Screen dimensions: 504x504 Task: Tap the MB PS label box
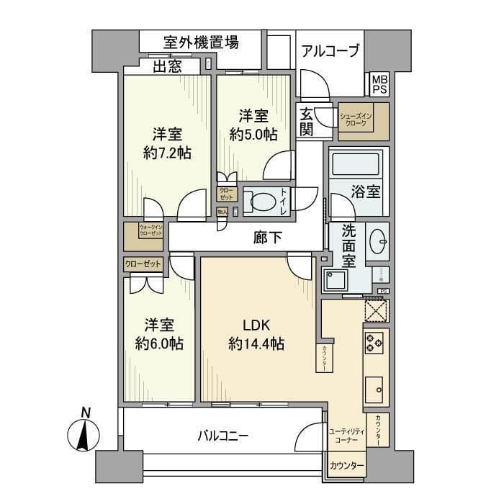pos(379,84)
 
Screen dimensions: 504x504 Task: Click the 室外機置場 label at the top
pos(191,41)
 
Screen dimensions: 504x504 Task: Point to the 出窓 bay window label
pos(166,67)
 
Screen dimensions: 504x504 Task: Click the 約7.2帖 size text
pos(166,153)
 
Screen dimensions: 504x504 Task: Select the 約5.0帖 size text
pos(253,134)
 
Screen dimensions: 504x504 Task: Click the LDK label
pos(256,325)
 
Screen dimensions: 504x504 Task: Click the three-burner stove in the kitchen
pos(375,343)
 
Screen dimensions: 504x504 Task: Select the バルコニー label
pos(224,436)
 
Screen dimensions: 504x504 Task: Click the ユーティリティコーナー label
pos(347,435)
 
